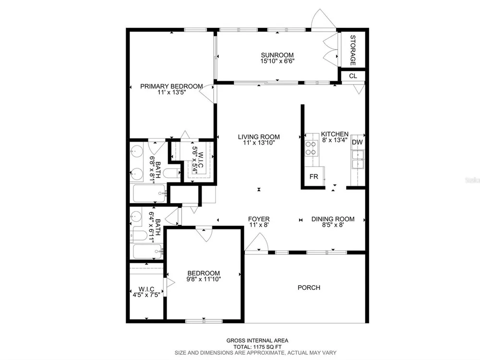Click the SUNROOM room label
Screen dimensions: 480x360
pyautogui.click(x=277, y=55)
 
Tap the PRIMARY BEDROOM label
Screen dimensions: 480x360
pyautogui.click(x=171, y=86)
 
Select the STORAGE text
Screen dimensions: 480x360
pyautogui.click(x=353, y=50)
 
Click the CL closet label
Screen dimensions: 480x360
pyautogui.click(x=353, y=76)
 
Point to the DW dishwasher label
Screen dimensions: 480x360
pyautogui.click(x=357, y=142)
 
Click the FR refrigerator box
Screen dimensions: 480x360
pyautogui.click(x=314, y=176)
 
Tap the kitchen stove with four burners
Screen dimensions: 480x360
pyautogui.click(x=312, y=148)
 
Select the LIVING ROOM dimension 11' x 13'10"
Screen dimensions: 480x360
pyautogui.click(x=259, y=143)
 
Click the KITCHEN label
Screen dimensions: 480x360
pyautogui.click(x=335, y=134)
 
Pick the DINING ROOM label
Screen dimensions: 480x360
pyautogui.click(x=333, y=219)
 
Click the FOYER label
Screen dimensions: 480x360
pyautogui.click(x=259, y=219)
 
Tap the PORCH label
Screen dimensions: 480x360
pyautogui.click(x=309, y=288)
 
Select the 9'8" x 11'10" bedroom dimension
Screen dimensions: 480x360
pyautogui.click(x=204, y=279)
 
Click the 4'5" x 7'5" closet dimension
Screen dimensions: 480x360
pyautogui.click(x=146, y=295)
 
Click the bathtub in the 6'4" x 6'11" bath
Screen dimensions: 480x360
pyautogui.click(x=147, y=252)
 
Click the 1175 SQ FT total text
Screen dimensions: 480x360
pyautogui.click(x=266, y=347)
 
